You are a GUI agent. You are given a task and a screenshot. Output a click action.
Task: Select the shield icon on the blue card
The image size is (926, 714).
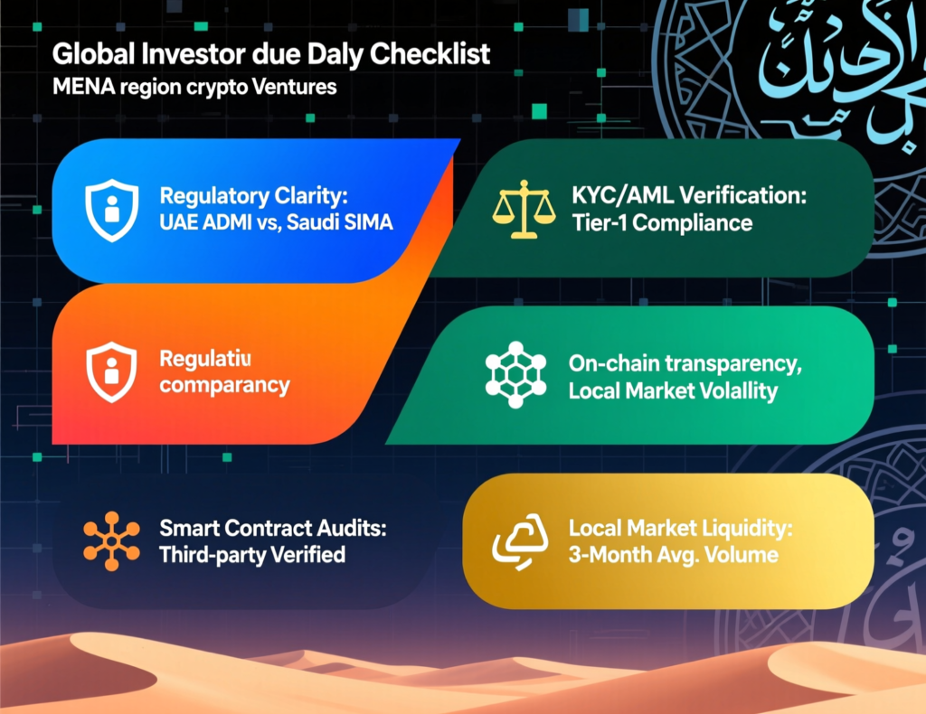click(110, 210)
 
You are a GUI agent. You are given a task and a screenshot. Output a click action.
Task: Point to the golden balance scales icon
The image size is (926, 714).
click(521, 211)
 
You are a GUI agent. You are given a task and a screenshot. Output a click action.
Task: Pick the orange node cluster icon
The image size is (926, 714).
click(111, 541)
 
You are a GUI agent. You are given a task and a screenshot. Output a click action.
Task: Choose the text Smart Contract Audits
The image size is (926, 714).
click(272, 528)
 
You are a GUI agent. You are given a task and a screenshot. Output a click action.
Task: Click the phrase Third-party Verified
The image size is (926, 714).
click(251, 554)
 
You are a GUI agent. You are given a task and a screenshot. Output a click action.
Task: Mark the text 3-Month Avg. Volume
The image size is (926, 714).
click(673, 553)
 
